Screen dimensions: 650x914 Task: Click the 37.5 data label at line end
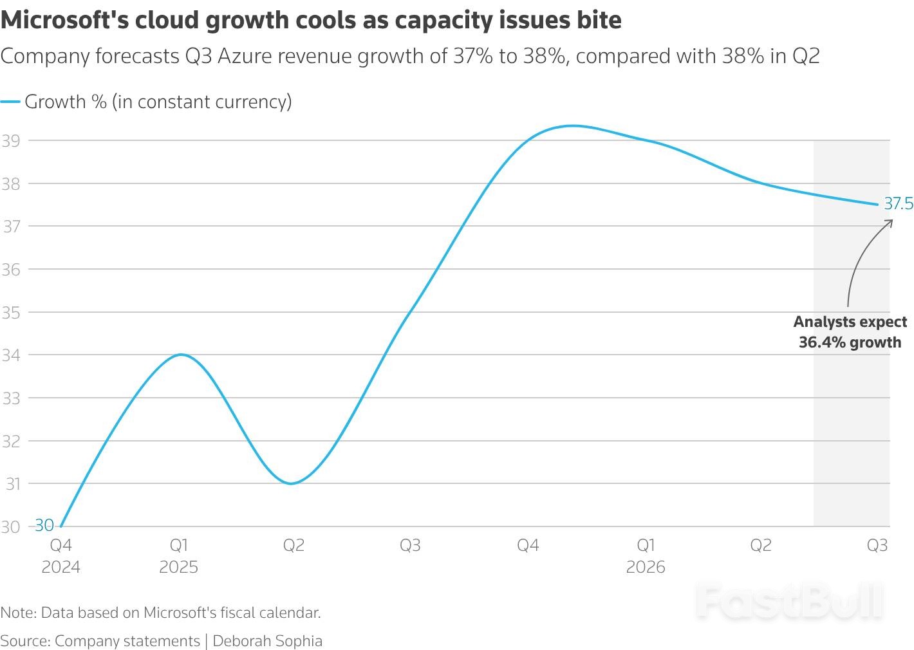(x=898, y=204)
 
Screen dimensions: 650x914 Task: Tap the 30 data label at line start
(x=44, y=525)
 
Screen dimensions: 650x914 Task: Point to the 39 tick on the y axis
(x=11, y=141)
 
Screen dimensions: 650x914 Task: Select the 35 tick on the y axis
(x=11, y=313)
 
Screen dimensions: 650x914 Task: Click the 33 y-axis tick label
(x=11, y=398)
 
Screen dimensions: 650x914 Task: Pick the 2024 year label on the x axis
(x=61, y=567)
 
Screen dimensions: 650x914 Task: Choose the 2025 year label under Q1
(x=178, y=567)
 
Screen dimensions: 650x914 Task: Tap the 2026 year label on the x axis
(x=646, y=567)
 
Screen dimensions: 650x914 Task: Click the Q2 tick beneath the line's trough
(x=294, y=546)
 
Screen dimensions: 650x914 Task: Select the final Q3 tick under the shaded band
(x=877, y=546)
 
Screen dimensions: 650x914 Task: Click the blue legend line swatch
(x=10, y=102)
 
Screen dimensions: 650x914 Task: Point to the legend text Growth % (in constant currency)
(x=158, y=102)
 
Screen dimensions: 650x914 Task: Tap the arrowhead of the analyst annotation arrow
(x=891, y=221)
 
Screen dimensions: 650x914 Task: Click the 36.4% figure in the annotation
(x=821, y=342)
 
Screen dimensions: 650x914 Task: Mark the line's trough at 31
(x=292, y=483)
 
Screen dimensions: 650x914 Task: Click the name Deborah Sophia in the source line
(x=267, y=641)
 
